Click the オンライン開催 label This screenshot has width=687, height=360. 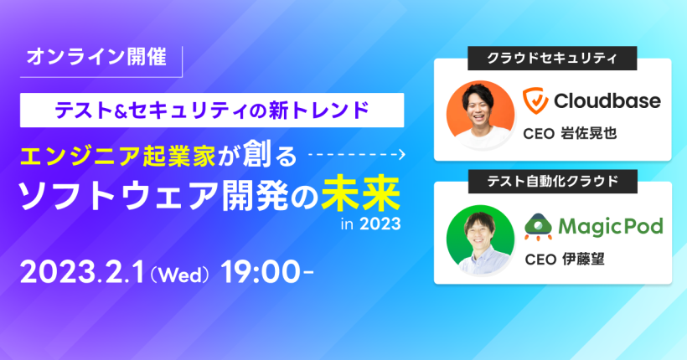pos(97,57)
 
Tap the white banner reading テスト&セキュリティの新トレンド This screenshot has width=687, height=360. pos(212,110)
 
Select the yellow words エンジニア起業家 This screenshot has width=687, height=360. pos(118,157)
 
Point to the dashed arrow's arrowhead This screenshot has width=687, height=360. pos(402,155)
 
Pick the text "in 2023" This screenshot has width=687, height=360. pos(370,224)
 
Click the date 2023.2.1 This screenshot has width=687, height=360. pos(82,272)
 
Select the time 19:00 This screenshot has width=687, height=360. pos(262,272)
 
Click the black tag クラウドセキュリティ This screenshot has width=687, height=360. pos(552,59)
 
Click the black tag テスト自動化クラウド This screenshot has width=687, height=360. pos(552,182)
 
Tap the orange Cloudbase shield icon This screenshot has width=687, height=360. pos(535,100)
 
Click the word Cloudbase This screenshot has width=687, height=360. pos(607,100)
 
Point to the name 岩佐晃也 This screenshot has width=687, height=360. pos(589,133)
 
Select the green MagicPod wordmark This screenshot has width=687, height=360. pos(610,227)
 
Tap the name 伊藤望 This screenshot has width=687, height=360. pos(584,260)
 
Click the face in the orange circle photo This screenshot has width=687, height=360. pos(478,106)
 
